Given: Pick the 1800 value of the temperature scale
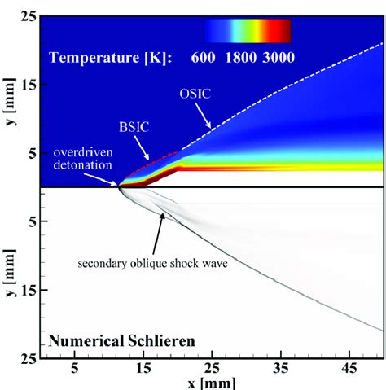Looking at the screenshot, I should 243,57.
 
